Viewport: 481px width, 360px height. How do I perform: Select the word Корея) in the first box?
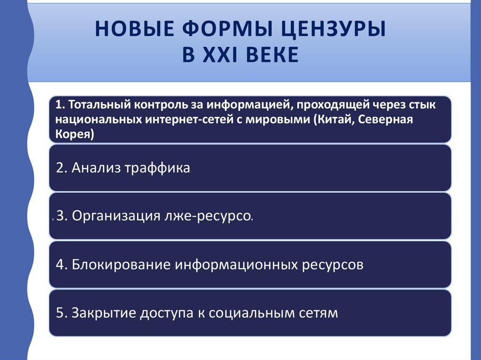(x=75, y=134)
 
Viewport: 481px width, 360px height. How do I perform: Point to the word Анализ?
(x=96, y=169)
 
